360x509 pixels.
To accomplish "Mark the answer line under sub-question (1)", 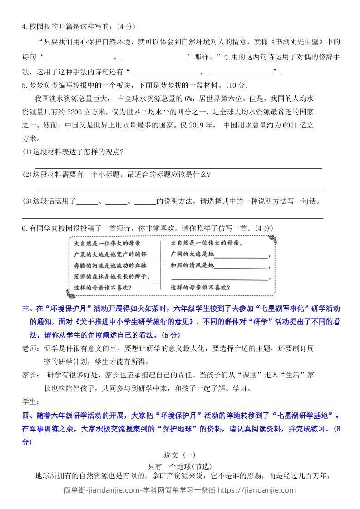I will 178,167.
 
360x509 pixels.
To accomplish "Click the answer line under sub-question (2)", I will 179,191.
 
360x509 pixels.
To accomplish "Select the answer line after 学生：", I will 185,403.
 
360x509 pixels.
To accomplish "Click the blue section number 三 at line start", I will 25,309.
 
